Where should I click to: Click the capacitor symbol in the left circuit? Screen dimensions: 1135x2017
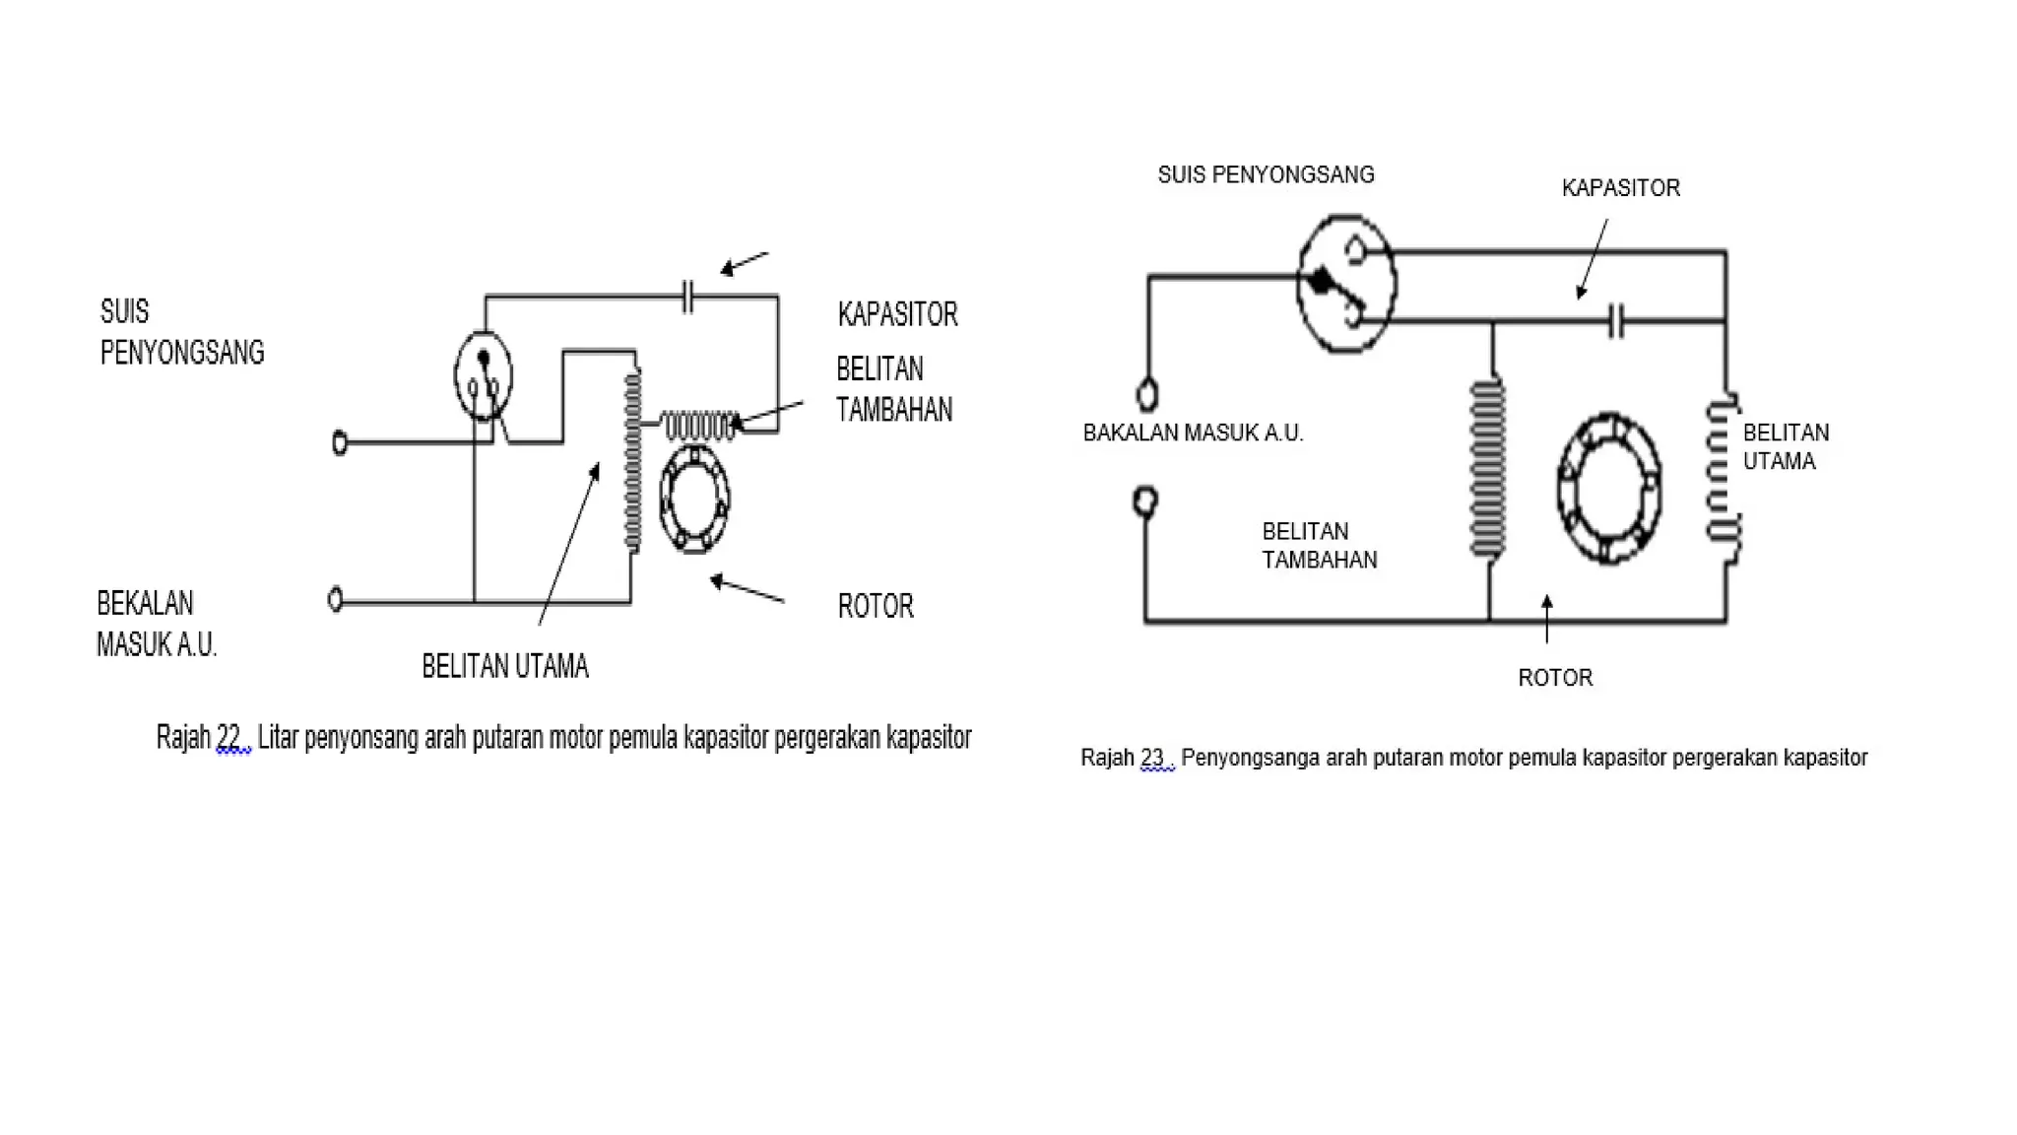point(687,296)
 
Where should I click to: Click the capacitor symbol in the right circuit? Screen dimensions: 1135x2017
point(1615,320)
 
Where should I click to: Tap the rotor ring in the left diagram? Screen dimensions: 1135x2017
point(693,499)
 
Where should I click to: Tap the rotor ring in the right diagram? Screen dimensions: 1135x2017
point(1609,489)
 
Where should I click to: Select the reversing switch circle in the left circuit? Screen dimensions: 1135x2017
point(483,376)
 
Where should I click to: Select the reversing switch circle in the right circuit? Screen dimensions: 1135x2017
point(1345,284)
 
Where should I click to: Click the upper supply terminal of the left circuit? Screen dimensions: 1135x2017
point(340,443)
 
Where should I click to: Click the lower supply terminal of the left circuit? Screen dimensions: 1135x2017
point(335,599)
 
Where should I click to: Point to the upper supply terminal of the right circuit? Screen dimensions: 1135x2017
point(1146,395)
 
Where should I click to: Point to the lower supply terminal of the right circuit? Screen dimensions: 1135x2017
point(1144,501)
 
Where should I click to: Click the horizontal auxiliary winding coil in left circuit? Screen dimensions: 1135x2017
point(699,426)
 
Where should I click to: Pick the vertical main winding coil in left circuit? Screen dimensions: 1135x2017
point(632,460)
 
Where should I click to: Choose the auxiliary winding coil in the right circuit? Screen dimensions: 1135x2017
point(1487,468)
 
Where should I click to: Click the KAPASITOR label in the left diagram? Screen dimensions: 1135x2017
point(897,314)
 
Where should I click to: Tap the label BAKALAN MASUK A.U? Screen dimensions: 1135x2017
point(1193,433)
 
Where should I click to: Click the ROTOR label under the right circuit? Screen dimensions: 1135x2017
point(1554,678)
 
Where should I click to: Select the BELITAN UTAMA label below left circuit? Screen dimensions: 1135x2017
point(504,667)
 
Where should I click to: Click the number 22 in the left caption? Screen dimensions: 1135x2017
point(228,737)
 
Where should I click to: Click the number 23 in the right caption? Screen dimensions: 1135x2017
point(1151,758)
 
